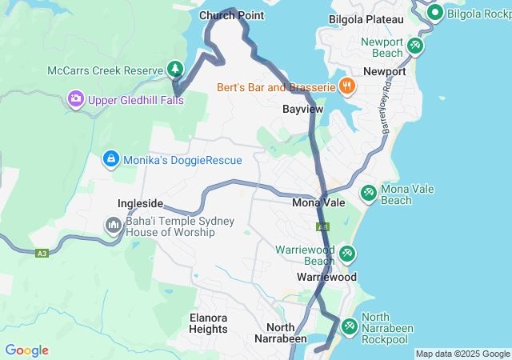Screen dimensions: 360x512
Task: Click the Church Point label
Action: click(x=231, y=15)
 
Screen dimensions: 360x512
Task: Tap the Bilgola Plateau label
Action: click(x=366, y=18)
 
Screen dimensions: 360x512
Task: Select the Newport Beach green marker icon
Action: click(x=415, y=46)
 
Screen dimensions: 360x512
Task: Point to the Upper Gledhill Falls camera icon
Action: click(x=76, y=99)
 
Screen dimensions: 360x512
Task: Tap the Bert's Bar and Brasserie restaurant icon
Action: click(x=346, y=86)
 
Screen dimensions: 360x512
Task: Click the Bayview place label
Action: click(x=302, y=108)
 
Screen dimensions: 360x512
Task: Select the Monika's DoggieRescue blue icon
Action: click(x=110, y=159)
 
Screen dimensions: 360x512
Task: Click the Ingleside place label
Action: click(x=140, y=203)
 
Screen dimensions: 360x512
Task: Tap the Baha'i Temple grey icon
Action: click(x=113, y=226)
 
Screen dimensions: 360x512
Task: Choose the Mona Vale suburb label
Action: click(x=318, y=203)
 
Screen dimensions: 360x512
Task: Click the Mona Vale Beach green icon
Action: click(x=368, y=193)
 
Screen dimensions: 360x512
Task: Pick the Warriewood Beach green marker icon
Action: click(x=347, y=254)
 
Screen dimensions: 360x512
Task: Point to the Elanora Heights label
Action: click(x=208, y=323)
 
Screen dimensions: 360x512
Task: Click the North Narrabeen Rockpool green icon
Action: click(x=350, y=326)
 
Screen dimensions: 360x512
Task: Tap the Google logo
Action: click(x=26, y=350)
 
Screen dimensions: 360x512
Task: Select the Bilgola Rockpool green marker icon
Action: click(x=435, y=13)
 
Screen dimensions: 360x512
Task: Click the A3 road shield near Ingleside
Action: click(x=42, y=254)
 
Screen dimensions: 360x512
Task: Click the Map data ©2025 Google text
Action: click(x=462, y=354)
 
